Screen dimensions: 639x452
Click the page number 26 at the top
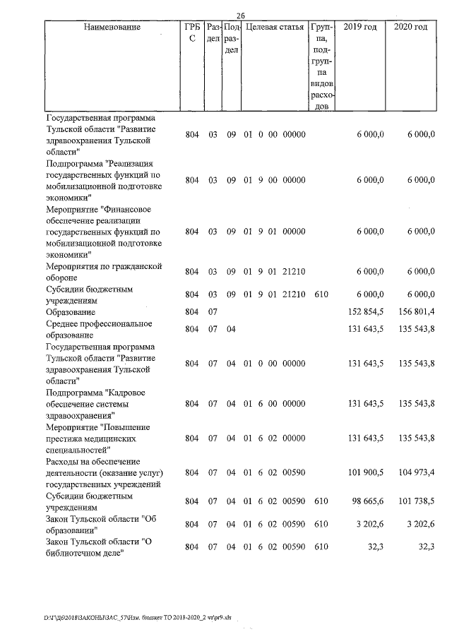(x=240, y=16)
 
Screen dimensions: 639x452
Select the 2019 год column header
(x=359, y=27)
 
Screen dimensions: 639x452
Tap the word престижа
(x=66, y=438)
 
